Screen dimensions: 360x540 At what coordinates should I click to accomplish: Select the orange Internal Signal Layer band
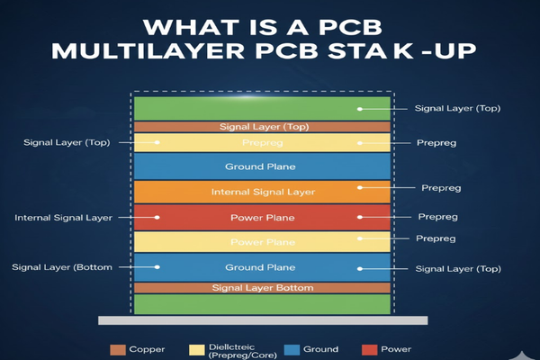pos(262,192)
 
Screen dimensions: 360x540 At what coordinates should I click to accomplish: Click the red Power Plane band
pos(262,217)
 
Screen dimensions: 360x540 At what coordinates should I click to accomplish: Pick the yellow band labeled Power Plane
pos(262,242)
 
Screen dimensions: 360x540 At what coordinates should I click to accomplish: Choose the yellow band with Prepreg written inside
pos(262,142)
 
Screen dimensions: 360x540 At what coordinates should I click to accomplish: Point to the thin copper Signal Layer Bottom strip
pos(262,287)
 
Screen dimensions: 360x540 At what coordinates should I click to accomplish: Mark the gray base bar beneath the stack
pos(262,319)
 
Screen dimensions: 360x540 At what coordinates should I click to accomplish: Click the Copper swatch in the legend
pos(118,349)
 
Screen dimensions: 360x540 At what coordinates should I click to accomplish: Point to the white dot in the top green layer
pos(359,109)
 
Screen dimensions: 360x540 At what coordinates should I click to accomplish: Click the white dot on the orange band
pos(359,188)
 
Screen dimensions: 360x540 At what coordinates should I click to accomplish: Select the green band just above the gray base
pos(262,303)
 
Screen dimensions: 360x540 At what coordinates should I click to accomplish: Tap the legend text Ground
pos(320,349)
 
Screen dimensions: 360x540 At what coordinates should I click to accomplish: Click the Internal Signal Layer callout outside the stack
pos(62,218)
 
